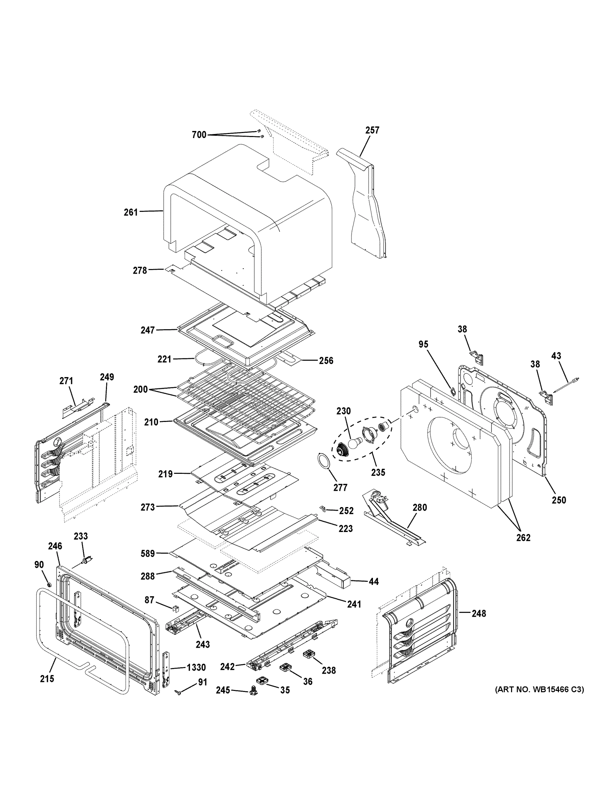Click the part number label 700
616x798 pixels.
point(199,135)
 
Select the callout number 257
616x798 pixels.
point(372,130)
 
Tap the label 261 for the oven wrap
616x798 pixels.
point(131,212)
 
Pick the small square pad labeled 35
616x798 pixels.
point(262,681)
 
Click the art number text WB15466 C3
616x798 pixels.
point(539,690)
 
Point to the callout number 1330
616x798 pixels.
point(196,667)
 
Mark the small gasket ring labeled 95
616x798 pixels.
point(452,392)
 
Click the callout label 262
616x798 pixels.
point(523,537)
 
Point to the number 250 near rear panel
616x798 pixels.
point(559,500)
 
